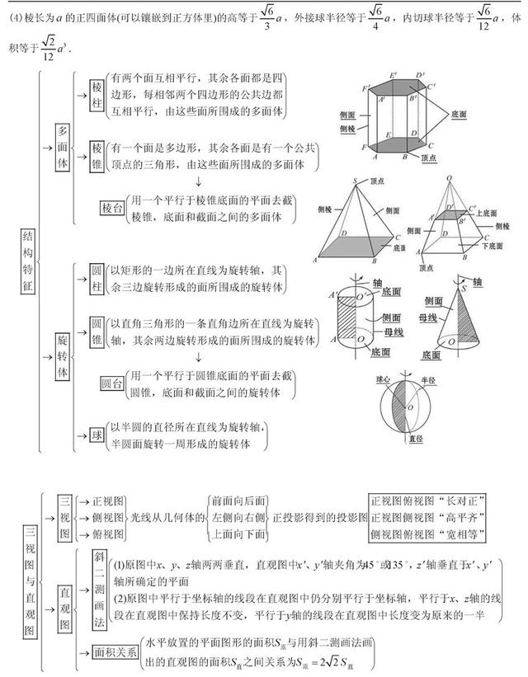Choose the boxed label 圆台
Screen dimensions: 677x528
point(111,383)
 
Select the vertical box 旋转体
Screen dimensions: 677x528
point(63,356)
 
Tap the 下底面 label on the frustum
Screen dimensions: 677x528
point(494,246)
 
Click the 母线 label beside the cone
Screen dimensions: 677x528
point(429,317)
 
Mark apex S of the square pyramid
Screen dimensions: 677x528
point(354,181)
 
